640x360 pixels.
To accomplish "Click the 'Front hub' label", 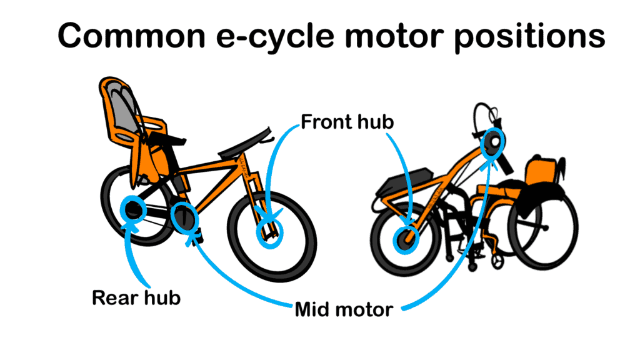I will point(347,122).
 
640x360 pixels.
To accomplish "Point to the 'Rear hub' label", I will point(136,297).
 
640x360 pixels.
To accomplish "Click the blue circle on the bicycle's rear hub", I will point(133,209).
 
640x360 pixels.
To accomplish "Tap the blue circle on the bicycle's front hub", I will point(270,233).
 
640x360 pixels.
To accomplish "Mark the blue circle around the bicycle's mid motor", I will point(184,218).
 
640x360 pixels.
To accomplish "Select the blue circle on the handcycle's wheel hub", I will point(404,240).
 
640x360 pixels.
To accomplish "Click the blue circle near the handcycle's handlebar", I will point(492,144).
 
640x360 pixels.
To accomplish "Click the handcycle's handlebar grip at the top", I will point(484,116).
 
